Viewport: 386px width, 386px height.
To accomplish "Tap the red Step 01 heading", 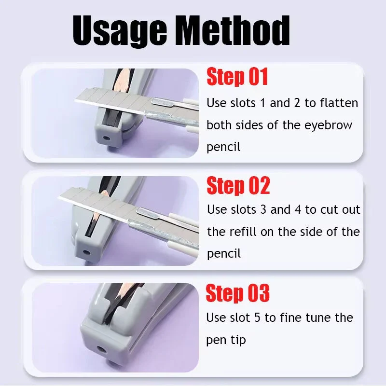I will coord(237,77).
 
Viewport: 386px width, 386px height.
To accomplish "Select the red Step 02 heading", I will coord(238,186).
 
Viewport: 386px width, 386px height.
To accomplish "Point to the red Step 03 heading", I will coord(237,293).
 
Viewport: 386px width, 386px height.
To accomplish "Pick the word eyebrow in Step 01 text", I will coord(328,125).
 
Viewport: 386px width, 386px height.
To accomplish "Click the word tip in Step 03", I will coord(238,340).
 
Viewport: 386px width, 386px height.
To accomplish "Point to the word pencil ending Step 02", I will coord(223,254).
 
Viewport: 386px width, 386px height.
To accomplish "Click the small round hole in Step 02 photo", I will coord(87,252).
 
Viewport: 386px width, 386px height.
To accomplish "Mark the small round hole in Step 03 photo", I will coord(102,348).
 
